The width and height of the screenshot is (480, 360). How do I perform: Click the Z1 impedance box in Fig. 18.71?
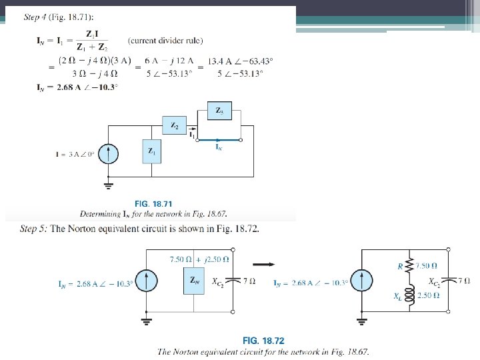pos(152,152)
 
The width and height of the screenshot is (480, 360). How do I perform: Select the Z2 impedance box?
pos(174,125)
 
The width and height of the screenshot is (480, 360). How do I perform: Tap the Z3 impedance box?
pos(219,111)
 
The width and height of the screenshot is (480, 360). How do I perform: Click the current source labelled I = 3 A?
pos(109,154)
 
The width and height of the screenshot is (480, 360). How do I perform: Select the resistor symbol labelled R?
pos(411,266)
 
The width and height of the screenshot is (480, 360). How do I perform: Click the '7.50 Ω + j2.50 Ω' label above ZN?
pos(200,259)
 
